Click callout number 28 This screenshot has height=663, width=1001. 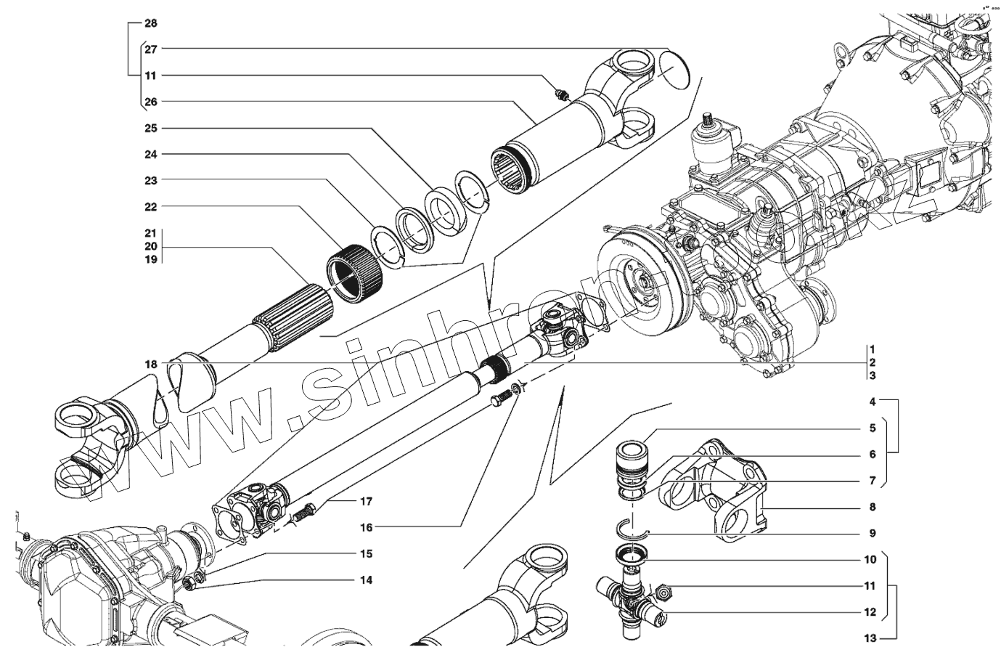[150, 23]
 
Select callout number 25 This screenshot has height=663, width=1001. [150, 129]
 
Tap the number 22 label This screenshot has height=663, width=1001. [150, 207]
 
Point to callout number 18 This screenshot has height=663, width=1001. [150, 363]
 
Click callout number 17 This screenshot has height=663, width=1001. [365, 501]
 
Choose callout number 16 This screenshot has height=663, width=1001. [365, 527]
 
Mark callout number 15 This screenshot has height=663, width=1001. [365, 554]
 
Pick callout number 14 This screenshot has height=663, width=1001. [365, 580]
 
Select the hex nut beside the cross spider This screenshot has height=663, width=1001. [662, 594]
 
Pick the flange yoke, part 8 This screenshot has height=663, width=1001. [719, 490]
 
